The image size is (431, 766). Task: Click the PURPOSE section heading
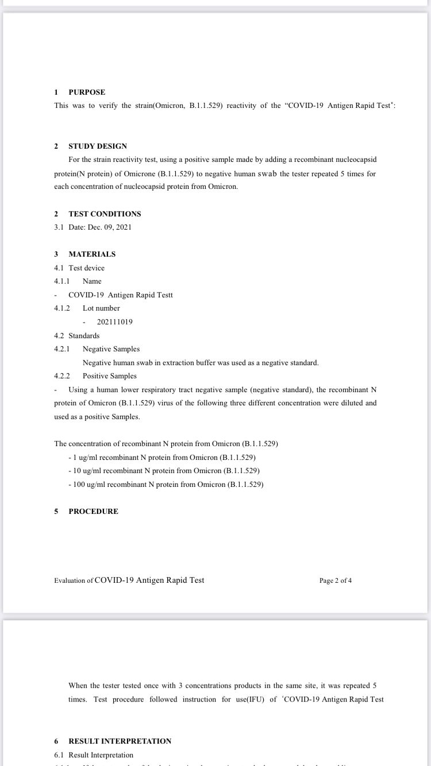click(x=87, y=92)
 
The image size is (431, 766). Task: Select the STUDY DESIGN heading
click(x=98, y=146)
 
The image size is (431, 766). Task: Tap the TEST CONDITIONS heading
click(x=105, y=214)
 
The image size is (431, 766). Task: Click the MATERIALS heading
click(x=92, y=254)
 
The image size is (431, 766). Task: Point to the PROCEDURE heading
click(x=93, y=511)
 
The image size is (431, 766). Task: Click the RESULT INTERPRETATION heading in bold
click(x=120, y=741)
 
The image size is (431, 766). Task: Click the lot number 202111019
click(x=114, y=322)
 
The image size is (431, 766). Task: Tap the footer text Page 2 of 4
click(x=336, y=581)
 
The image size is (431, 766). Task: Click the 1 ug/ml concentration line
click(x=161, y=457)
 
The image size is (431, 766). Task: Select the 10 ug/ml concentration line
click(x=164, y=470)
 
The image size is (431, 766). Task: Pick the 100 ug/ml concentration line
click(x=166, y=484)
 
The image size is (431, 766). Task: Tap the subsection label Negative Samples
click(x=111, y=349)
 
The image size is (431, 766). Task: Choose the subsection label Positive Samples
click(x=109, y=376)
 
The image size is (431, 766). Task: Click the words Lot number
click(x=101, y=308)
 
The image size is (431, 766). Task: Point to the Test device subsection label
click(x=86, y=268)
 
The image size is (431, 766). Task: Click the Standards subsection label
click(x=84, y=335)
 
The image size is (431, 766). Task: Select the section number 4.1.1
click(x=61, y=281)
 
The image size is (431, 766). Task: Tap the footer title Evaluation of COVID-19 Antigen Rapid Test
click(x=129, y=580)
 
